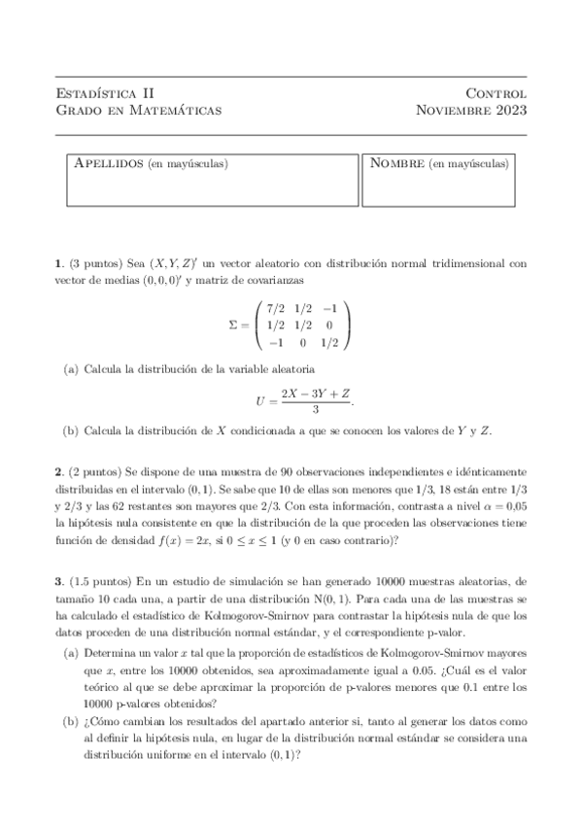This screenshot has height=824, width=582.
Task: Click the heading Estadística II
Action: pyautogui.click(x=105, y=93)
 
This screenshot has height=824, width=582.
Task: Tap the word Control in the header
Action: pyautogui.click(x=496, y=93)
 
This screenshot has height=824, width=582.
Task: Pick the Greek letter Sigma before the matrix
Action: pyautogui.click(x=223, y=325)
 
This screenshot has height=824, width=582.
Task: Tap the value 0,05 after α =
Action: pyautogui.click(x=512, y=506)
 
